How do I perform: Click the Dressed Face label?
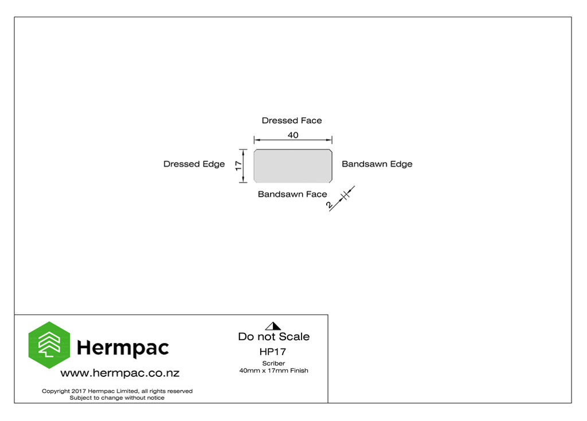tap(292, 120)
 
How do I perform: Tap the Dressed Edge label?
tap(194, 164)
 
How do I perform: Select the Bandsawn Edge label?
tap(377, 164)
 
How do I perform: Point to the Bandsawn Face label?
tap(292, 194)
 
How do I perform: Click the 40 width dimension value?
tap(293, 135)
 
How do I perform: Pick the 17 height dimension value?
tap(238, 166)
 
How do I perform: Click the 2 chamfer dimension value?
tap(330, 204)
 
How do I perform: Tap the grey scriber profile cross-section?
tap(293, 166)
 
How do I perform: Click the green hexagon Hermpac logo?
tap(49, 345)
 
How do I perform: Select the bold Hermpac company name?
tap(123, 348)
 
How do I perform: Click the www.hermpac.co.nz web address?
tap(120, 373)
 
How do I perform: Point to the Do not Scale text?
tap(273, 336)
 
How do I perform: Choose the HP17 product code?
tap(273, 352)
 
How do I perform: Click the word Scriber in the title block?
tap(273, 363)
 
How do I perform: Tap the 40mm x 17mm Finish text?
tap(273, 371)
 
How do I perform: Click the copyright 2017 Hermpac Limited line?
tap(117, 391)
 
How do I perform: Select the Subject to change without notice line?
tap(117, 398)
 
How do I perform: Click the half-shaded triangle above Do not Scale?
tap(273, 326)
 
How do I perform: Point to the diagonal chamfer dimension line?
tap(342, 199)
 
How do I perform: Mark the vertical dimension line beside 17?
tap(243, 166)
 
